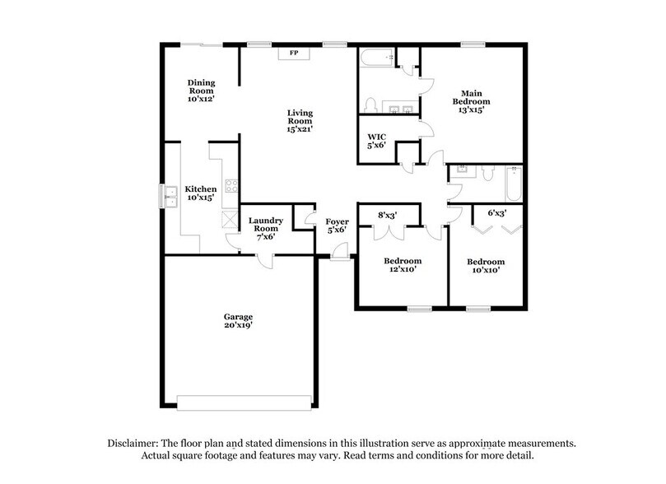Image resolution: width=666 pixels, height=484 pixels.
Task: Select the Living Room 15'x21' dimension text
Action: pos(300,128)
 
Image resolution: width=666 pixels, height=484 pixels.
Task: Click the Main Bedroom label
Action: pos(471,93)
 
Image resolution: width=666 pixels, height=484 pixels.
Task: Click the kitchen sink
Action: pos(171,195)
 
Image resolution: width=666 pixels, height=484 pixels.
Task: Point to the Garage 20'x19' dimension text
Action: pos(239,326)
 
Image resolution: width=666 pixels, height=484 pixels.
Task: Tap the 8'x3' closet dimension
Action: pos(388,216)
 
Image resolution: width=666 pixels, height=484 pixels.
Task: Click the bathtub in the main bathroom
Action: pos(376,58)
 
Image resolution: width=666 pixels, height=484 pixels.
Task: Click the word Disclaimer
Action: pos(136,443)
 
